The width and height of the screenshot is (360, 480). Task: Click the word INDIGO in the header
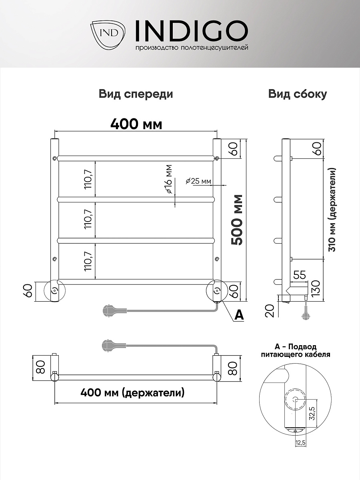(x=191, y=31)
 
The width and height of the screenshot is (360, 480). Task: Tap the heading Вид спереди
(x=136, y=94)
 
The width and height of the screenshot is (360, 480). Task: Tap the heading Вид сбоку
(x=298, y=94)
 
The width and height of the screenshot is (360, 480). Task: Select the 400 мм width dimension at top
(x=136, y=124)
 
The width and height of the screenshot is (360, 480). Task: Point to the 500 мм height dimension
(x=238, y=220)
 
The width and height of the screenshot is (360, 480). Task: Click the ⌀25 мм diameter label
(x=198, y=181)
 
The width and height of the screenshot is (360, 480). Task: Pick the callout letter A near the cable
(x=238, y=315)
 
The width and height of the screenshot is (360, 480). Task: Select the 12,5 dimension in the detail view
(x=300, y=443)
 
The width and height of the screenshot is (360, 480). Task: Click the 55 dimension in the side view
(x=300, y=275)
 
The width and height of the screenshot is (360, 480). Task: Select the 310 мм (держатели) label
(x=332, y=210)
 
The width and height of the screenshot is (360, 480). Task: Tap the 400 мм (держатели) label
(x=132, y=393)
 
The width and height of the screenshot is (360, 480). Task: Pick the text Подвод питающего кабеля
(x=296, y=351)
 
